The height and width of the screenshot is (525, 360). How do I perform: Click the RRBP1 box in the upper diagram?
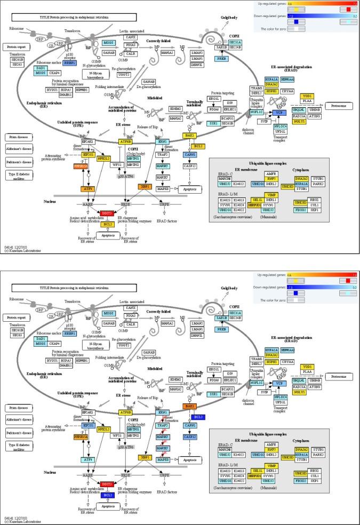69,62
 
